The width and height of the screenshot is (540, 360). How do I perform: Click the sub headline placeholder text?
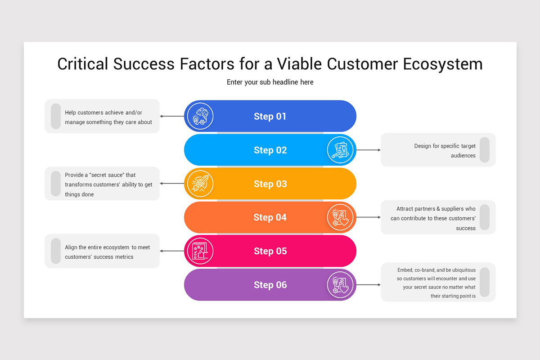pos(270,82)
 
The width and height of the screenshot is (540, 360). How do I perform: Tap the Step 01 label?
pos(270,116)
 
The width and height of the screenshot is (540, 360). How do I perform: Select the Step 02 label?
pos(270,150)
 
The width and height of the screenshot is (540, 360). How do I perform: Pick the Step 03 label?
pos(270,184)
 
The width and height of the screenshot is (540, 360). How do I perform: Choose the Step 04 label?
pos(270,217)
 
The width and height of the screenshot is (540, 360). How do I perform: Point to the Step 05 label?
pos(270,251)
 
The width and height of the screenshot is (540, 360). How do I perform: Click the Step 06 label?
pos(270,285)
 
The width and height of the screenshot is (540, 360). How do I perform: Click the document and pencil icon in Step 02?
pos(340,150)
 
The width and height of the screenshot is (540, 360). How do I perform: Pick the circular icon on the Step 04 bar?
pos(340,217)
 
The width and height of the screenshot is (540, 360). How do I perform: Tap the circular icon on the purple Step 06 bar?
pos(340,285)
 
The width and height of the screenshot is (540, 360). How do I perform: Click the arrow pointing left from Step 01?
pos(172,116)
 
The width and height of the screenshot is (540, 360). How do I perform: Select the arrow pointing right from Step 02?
pos(368,150)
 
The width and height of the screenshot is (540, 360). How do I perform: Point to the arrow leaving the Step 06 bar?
pos(368,285)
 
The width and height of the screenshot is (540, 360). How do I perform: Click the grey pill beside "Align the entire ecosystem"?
pos(56,251)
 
